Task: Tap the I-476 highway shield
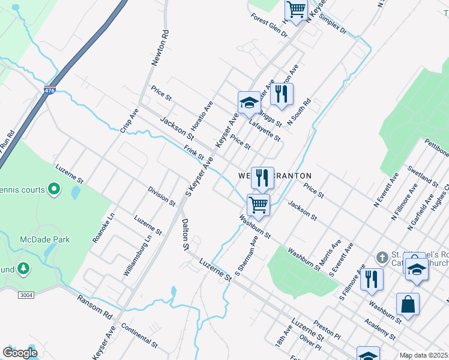click(x=50, y=91)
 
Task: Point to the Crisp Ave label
click(x=129, y=120)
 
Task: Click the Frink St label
click(x=194, y=153)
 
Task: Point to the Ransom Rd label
click(x=95, y=306)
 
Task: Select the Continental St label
click(x=139, y=337)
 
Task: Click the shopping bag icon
click(x=408, y=304)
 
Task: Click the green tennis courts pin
click(x=54, y=190)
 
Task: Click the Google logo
click(x=20, y=353)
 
